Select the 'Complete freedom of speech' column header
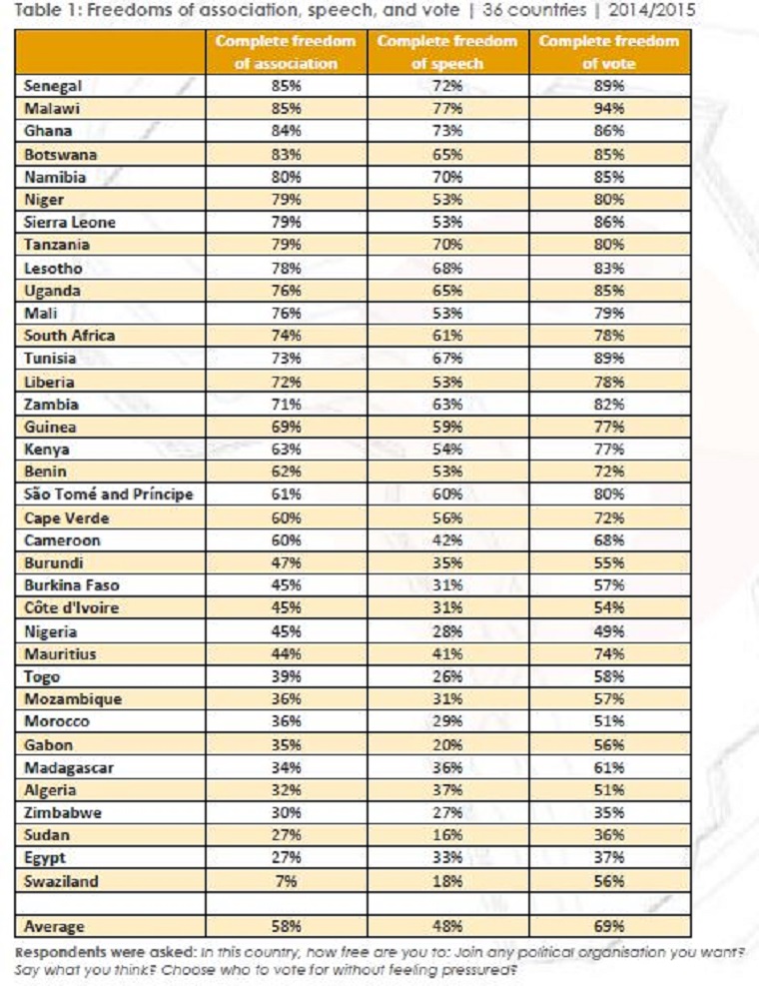[447, 52]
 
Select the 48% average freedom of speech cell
[447, 926]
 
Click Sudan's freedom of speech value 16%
[447, 835]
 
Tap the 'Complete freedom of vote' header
[608, 52]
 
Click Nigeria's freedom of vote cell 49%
[608, 631]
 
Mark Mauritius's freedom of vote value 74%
[608, 653]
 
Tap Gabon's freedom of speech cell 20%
[447, 744]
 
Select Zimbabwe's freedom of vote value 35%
[608, 812]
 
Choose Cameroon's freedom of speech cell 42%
[447, 540]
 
